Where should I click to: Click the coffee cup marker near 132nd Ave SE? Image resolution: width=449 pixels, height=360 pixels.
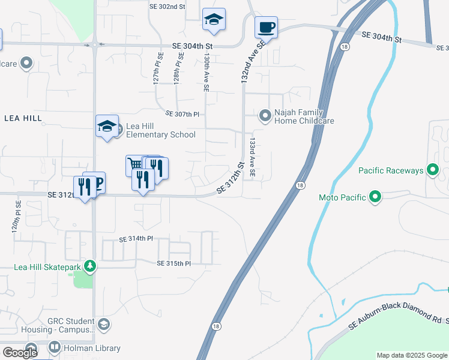(x=266, y=27)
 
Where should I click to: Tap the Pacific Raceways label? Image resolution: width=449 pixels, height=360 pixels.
(x=391, y=171)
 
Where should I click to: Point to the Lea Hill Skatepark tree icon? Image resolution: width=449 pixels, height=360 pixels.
(x=89, y=265)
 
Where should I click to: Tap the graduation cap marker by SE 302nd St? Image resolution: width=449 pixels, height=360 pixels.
(x=214, y=19)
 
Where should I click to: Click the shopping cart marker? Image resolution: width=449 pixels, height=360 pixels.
(x=135, y=164)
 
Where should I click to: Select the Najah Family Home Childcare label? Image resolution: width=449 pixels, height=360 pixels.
(x=304, y=116)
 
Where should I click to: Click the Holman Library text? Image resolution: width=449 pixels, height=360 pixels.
(x=92, y=348)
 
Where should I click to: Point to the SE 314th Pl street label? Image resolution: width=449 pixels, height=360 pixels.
(x=136, y=239)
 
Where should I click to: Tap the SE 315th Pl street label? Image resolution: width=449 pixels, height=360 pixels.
(x=173, y=263)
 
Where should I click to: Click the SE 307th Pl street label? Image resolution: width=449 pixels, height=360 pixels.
(x=181, y=113)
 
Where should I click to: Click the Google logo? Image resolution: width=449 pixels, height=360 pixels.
(x=20, y=353)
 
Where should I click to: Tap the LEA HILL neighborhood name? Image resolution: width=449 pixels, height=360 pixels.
(x=23, y=118)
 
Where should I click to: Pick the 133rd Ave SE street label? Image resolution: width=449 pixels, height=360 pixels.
(x=253, y=157)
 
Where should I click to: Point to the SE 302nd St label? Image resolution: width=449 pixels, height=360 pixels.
(x=167, y=6)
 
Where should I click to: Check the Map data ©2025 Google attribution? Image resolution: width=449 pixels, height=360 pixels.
(x=412, y=355)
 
